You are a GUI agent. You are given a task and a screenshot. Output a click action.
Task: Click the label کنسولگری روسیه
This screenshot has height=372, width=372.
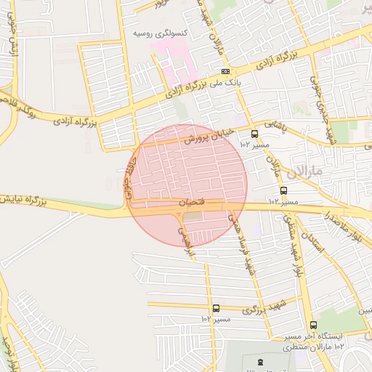click(x=159, y=33)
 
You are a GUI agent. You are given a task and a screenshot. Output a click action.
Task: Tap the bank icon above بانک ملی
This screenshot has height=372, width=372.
click(x=226, y=71)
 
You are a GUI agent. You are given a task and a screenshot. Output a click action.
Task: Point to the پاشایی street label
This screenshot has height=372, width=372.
click(x=275, y=125)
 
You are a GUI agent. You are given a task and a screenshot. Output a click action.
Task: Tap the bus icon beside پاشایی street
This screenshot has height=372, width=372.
click(x=254, y=134)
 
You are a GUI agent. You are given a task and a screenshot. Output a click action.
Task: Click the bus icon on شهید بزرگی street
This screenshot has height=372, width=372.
click(x=216, y=309)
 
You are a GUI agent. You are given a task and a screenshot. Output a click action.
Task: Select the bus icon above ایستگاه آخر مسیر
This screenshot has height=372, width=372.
click(x=313, y=325)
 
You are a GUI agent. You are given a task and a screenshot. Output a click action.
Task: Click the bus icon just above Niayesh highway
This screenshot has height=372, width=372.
click(x=283, y=190)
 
